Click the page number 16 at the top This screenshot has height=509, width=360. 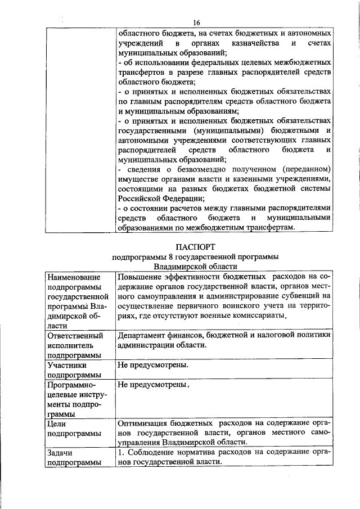[x=196, y=22]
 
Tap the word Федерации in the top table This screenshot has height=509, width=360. [x=181, y=199]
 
